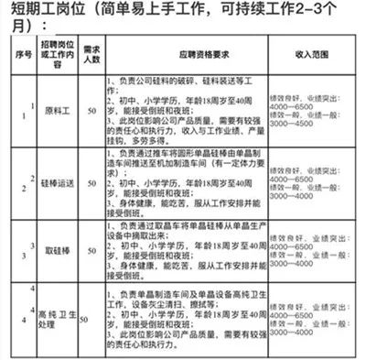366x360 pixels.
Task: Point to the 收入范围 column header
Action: pos(314,53)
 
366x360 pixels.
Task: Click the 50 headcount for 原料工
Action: pos(90,111)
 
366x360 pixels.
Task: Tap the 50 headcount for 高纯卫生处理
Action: pos(85,320)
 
